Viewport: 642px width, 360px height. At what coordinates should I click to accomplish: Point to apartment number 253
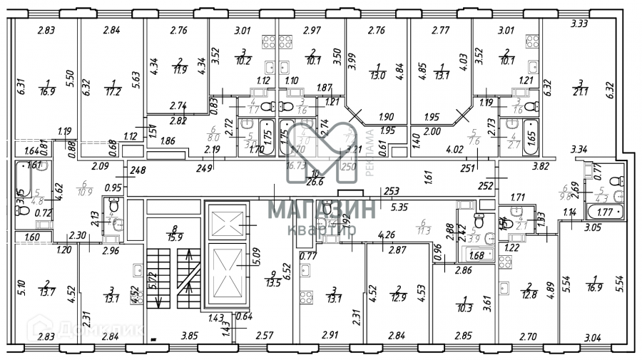[391, 192]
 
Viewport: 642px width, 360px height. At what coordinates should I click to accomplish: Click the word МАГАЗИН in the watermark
[321, 210]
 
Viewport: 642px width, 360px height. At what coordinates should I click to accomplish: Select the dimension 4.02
[454, 150]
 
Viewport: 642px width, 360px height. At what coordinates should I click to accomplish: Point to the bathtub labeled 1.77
[603, 212]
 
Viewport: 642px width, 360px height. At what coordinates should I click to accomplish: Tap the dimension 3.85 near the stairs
[189, 335]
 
